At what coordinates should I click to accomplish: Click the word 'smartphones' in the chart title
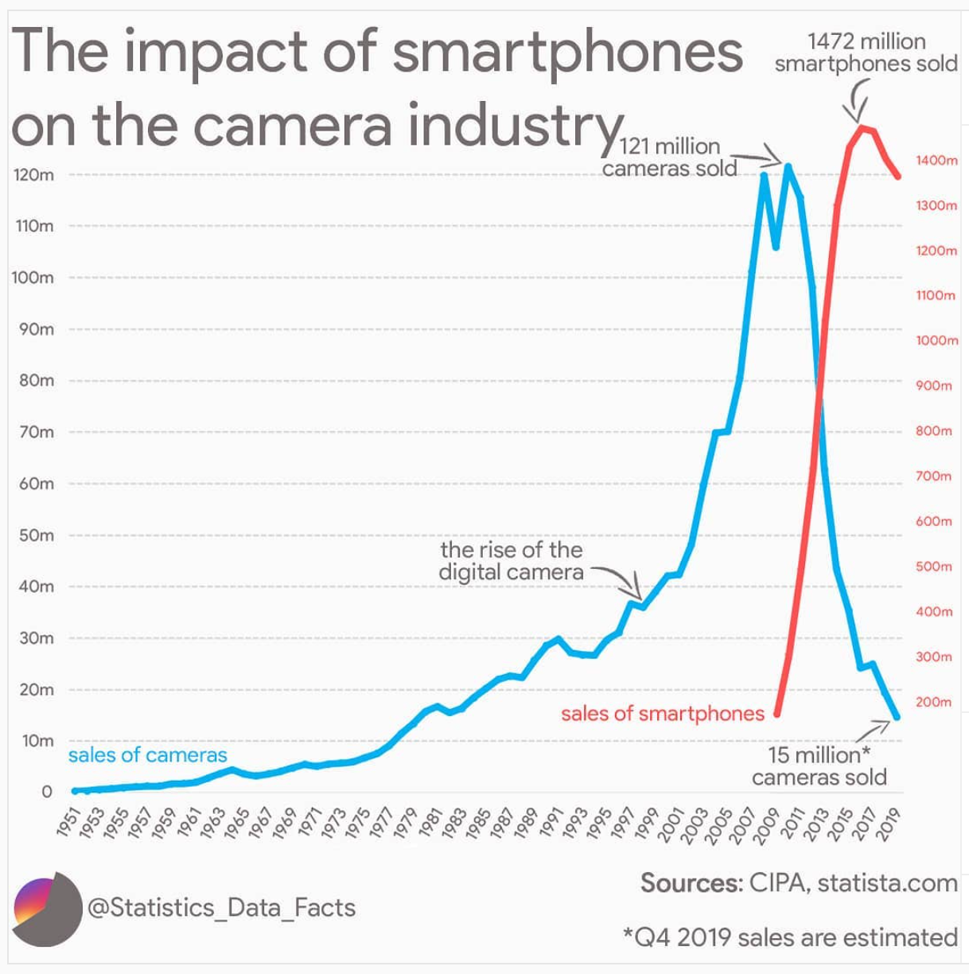coord(567,53)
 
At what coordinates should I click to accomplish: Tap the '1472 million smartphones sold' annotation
coord(866,53)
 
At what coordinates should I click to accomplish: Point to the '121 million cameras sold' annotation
coord(669,157)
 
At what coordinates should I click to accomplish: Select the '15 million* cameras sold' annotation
coord(819,766)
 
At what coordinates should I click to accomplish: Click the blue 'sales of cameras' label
coord(147,754)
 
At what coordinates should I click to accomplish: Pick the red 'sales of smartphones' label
coord(662,713)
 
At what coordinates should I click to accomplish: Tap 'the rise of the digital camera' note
coord(512,561)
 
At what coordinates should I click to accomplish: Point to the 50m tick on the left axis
coord(33,536)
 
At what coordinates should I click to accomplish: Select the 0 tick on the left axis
coord(46,792)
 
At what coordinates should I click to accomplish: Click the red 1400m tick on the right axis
coord(936,161)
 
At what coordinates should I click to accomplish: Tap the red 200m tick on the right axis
coord(933,703)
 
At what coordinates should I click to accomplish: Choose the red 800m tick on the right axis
coord(933,431)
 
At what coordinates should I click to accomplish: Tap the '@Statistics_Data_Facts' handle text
coord(221,908)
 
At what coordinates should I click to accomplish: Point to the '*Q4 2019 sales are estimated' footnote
coord(790,937)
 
